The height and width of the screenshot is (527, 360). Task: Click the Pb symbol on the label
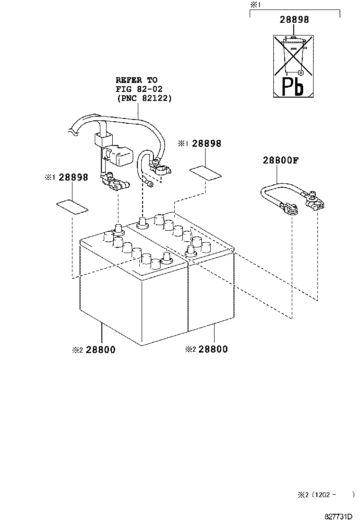[x=293, y=86]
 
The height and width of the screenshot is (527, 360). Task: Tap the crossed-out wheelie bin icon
[x=293, y=55]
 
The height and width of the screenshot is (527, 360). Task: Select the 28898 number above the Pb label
[x=294, y=19]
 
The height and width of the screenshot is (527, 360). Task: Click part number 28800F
[x=280, y=160]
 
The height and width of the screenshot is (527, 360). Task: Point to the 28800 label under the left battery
[x=100, y=350]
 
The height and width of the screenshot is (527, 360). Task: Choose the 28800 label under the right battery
[x=213, y=349]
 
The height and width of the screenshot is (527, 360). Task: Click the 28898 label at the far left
[x=73, y=177]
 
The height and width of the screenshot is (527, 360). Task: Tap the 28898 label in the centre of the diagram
[x=207, y=144]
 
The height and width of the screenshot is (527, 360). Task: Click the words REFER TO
[x=136, y=80]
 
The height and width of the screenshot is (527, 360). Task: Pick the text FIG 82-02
[x=139, y=89]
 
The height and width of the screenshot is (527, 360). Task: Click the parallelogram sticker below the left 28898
[x=72, y=207]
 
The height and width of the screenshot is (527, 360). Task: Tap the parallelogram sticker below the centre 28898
[x=206, y=173]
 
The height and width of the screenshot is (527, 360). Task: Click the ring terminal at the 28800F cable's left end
[x=290, y=209]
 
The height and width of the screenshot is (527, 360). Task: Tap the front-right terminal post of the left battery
[x=166, y=258]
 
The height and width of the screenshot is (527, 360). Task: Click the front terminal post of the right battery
[x=191, y=251]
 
